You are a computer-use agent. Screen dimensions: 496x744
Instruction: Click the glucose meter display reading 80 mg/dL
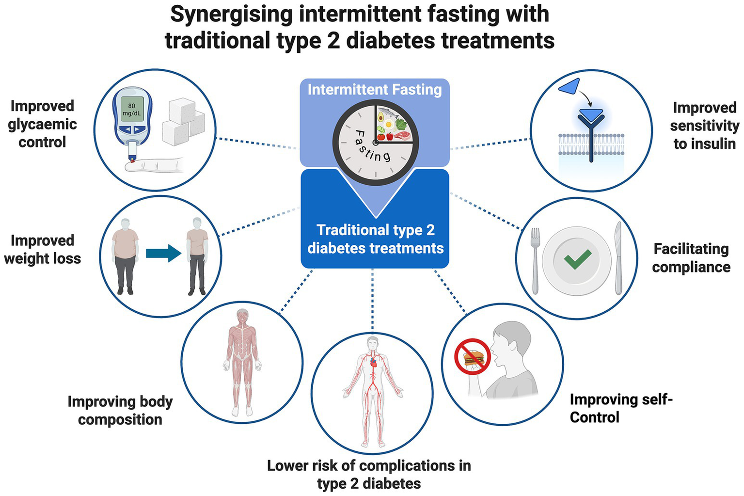pyautogui.click(x=132, y=109)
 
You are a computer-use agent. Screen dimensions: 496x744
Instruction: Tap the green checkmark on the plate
pyautogui.click(x=578, y=259)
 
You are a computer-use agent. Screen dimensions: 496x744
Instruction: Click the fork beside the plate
pyautogui.click(x=535, y=259)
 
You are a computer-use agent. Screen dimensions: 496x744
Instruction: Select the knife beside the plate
pyautogui.click(x=618, y=258)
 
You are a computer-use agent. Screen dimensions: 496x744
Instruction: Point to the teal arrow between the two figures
pyautogui.click(x=163, y=253)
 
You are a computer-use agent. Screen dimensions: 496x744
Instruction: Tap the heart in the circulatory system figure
pyautogui.click(x=373, y=361)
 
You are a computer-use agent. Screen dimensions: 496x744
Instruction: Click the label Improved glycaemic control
pyautogui.click(x=42, y=124)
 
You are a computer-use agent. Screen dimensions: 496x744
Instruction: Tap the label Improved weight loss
pyautogui.click(x=42, y=249)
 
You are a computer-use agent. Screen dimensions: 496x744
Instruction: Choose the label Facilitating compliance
pyautogui.click(x=691, y=258)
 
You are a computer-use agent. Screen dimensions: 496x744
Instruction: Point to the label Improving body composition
pyautogui.click(x=120, y=410)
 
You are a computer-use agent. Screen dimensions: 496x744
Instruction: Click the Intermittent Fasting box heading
pyautogui.click(x=375, y=90)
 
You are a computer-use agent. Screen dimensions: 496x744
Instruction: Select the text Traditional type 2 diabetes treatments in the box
pyautogui.click(x=375, y=239)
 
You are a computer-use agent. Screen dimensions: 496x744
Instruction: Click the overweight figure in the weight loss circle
pyautogui.click(x=126, y=255)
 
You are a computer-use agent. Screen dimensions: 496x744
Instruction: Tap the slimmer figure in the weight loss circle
pyautogui.click(x=197, y=255)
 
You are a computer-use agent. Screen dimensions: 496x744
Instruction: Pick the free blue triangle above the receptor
pyautogui.click(x=569, y=86)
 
